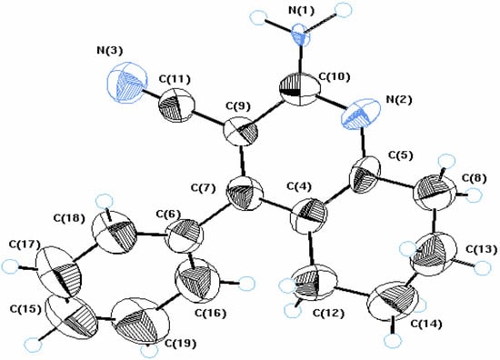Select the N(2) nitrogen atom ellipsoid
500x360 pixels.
tap(362, 116)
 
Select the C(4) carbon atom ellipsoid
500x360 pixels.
tap(309, 218)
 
